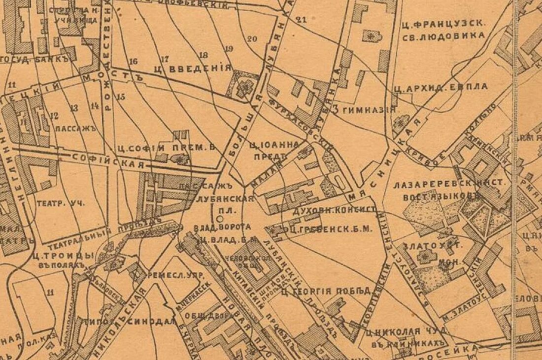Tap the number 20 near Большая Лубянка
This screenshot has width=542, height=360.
click(x=253, y=39)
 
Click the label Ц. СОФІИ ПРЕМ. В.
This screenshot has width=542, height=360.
click(x=168, y=147)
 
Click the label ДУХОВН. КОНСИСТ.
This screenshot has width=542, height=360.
click(x=334, y=210)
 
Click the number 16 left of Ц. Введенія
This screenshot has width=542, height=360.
click(x=133, y=62)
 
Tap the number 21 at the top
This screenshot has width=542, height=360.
click(x=302, y=20)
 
